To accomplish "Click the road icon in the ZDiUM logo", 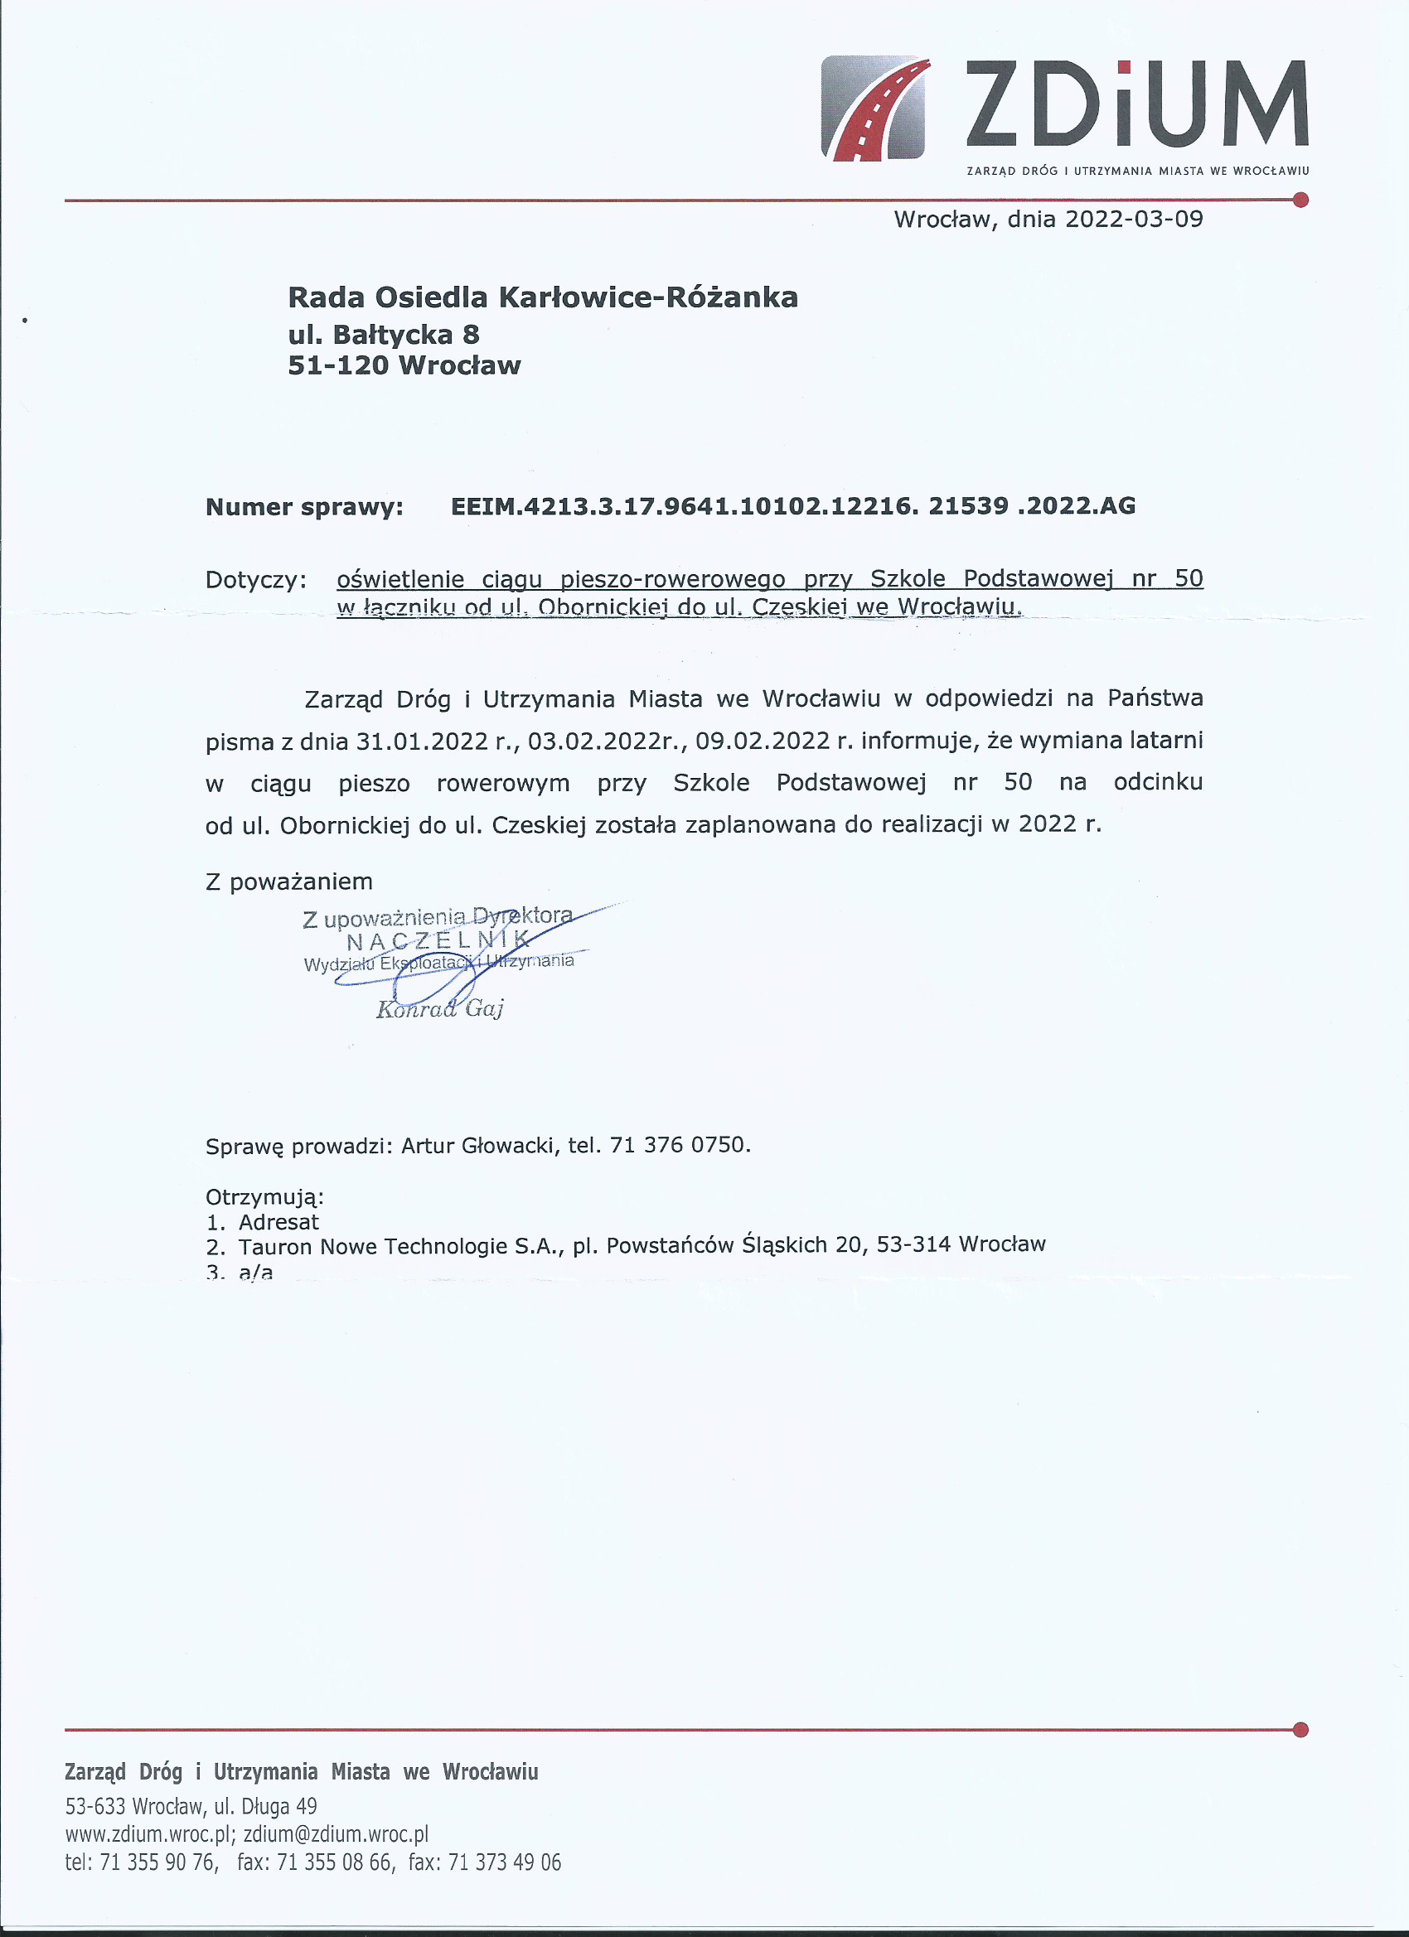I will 873,108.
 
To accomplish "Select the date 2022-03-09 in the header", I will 1134,220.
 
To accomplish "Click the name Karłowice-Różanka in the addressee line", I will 646,297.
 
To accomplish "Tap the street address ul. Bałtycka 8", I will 384,334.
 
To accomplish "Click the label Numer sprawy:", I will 304,507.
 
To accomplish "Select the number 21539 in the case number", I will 968,505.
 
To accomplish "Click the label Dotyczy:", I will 255,580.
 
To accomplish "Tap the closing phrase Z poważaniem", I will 288,882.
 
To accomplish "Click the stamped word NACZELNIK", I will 438,941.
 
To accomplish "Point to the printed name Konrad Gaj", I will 439,1009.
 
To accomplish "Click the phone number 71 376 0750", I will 679,1144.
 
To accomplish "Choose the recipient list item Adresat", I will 278,1222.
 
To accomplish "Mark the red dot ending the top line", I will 1300,200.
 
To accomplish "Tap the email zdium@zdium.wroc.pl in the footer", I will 336,1833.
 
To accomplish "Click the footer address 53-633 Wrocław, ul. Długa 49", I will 191,1806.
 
